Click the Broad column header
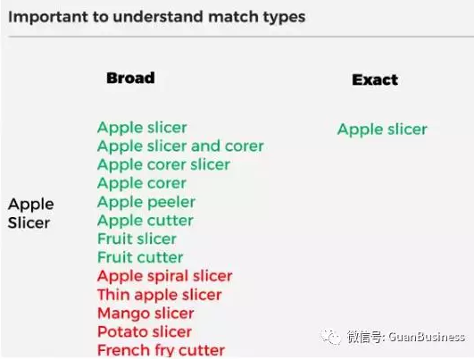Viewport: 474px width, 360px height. (130, 78)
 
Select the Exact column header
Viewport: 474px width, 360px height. (375, 80)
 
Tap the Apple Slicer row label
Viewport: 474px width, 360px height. (31, 213)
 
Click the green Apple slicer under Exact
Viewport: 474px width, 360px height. (382, 130)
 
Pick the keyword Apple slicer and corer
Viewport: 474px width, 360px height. (180, 146)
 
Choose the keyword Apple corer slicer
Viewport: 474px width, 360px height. (163, 164)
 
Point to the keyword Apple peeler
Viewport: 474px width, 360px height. (146, 202)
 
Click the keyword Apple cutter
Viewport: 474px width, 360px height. (146, 221)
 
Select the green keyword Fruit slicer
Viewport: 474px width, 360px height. (137, 239)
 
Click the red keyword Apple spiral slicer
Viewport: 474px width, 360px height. (164, 276)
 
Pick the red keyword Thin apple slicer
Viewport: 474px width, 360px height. (160, 295)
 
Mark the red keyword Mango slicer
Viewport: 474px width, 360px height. (145, 314)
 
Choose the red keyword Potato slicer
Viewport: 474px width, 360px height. (145, 332)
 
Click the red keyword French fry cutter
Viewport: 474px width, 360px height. (161, 350)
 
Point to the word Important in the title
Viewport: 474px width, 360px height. (45, 16)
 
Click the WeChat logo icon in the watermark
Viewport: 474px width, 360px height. (330, 336)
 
